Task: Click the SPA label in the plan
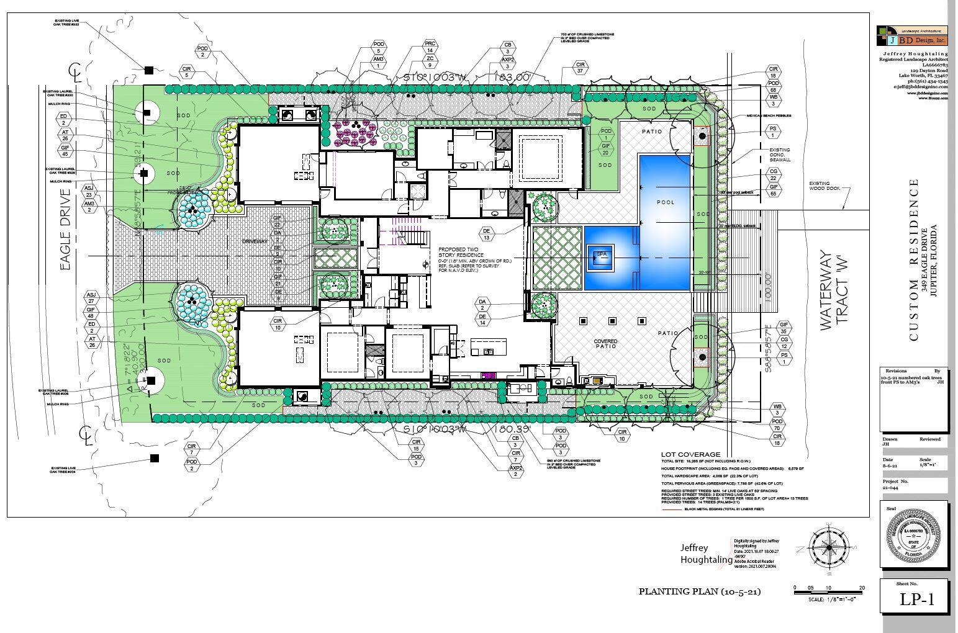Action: (600, 254)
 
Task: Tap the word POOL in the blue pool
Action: (665, 202)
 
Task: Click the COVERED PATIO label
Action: (605, 343)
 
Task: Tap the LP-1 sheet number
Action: (916, 599)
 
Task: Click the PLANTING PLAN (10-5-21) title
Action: (700, 591)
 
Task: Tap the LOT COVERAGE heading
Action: (690, 454)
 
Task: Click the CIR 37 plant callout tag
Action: (581, 68)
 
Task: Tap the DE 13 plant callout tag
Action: (487, 234)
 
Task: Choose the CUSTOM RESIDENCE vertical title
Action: (913, 259)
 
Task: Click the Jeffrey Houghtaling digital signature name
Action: (705, 554)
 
